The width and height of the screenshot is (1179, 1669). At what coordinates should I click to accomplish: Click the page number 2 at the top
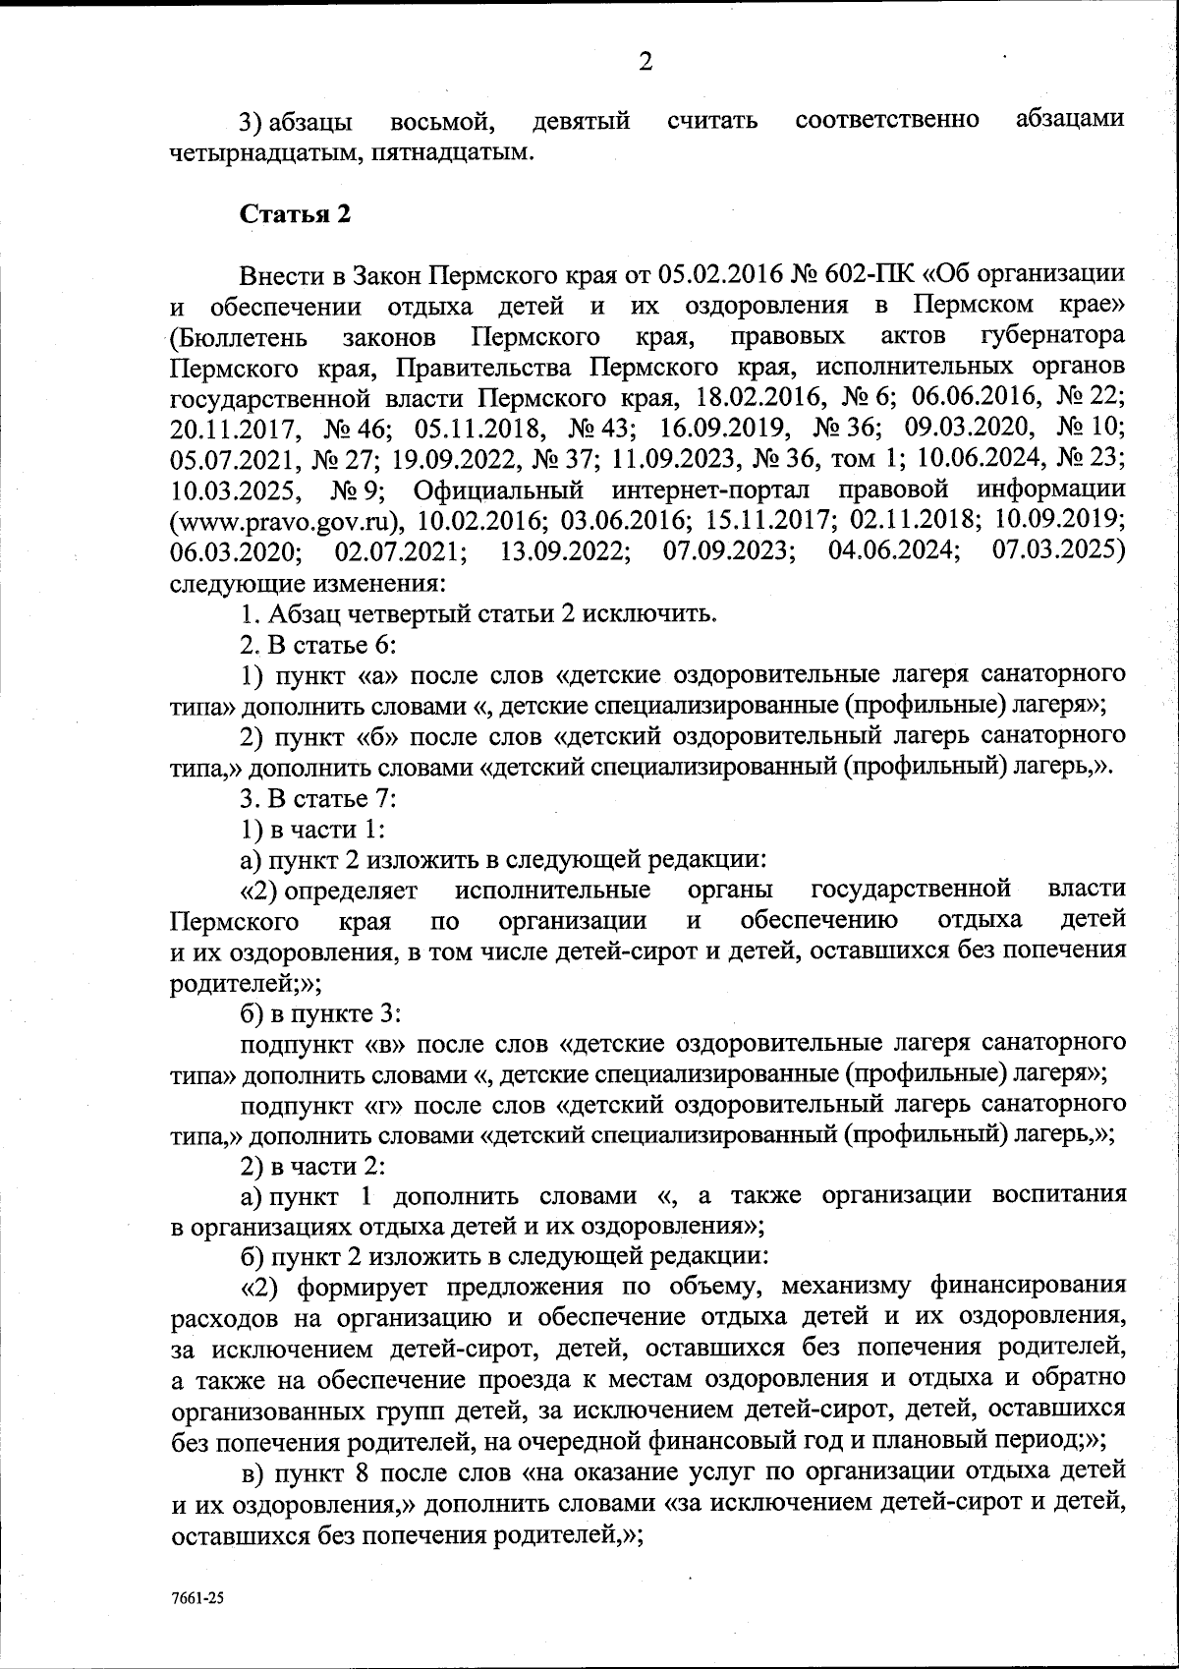[646, 62]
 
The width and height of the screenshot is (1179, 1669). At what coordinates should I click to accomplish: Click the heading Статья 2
[296, 215]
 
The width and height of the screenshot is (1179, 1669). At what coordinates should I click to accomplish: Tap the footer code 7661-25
[198, 1598]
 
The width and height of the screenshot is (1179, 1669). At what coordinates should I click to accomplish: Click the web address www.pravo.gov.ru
[287, 519]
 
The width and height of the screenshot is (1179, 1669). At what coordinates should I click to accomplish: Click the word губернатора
[1053, 337]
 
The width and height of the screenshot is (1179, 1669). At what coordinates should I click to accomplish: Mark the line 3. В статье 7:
[318, 799]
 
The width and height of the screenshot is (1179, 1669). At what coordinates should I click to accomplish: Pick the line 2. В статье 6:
[318, 645]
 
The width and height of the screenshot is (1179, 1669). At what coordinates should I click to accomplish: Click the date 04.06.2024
[893, 549]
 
